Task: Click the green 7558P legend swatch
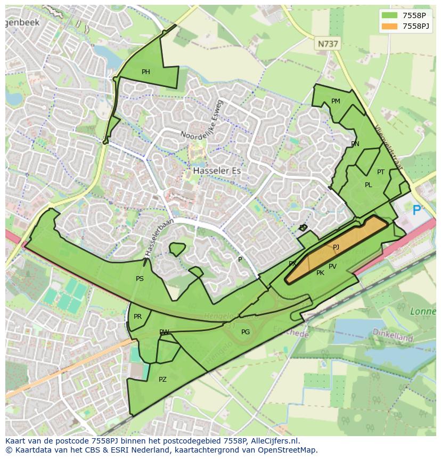[x=389, y=15]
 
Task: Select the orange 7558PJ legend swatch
[x=389, y=26]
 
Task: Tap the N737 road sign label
[x=328, y=44]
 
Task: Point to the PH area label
[x=145, y=72]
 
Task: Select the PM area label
[x=336, y=101]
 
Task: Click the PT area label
[x=381, y=172]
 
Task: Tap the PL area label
[x=368, y=185]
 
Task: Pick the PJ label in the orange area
[x=336, y=247]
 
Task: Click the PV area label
[x=332, y=267]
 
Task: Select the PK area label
[x=320, y=273]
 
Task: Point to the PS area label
[x=140, y=279]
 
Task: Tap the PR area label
[x=137, y=317]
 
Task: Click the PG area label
[x=245, y=332]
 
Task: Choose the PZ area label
[x=162, y=380]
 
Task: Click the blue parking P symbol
[x=416, y=211]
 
